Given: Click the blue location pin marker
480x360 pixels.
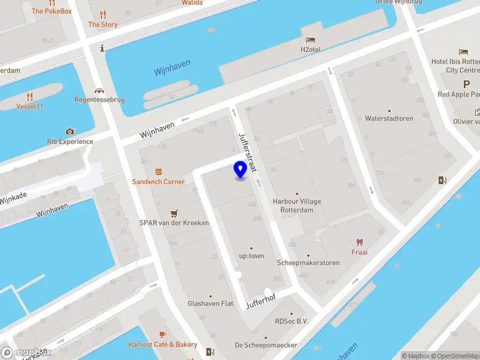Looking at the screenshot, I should coord(240,170).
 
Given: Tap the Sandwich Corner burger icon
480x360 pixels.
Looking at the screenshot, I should coord(158,172).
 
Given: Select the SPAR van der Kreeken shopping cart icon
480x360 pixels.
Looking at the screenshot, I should coord(174,213).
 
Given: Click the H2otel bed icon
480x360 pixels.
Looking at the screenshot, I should coord(310,40).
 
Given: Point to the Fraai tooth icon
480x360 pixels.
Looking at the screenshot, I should coord(359,242).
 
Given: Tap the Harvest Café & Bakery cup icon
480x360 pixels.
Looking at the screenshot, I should coord(162,335).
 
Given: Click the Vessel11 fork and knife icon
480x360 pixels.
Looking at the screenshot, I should coord(29,97).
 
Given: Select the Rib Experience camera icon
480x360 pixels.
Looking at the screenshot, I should coord(70,131).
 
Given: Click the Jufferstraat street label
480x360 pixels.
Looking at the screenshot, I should coord(248,152).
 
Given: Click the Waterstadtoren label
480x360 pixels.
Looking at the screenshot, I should coord(389,118).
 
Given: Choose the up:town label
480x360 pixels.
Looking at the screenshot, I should coord(251,256).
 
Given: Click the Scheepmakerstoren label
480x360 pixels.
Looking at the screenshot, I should coord(308,263).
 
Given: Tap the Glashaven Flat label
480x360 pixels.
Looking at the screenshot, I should coord(211,304).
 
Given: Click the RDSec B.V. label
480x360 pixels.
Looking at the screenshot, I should coord(292,321).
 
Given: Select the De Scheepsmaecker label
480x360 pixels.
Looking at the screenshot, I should coord(265,345).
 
